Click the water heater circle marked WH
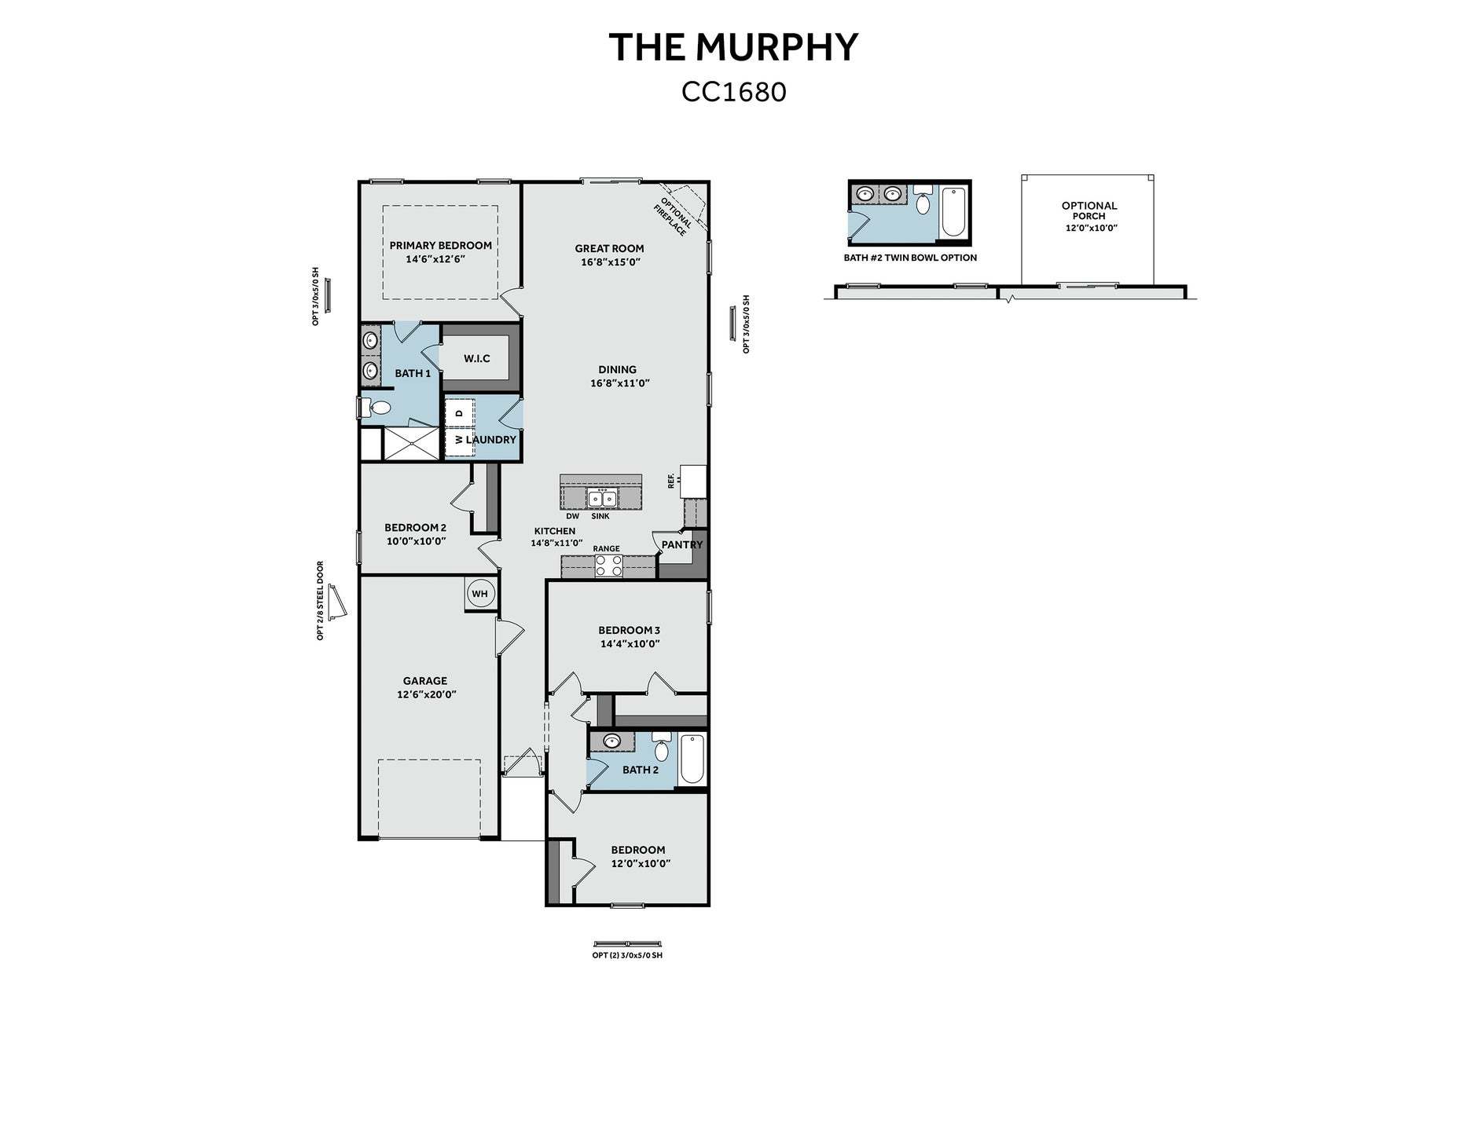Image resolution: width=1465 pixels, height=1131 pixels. click(480, 594)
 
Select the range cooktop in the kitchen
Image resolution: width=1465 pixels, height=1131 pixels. click(608, 565)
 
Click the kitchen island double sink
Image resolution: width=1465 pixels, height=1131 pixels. click(603, 498)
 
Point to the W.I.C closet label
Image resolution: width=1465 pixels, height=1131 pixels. click(476, 358)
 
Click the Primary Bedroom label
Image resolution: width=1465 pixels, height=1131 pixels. click(441, 245)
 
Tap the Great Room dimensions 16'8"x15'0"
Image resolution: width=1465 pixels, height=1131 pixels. click(611, 262)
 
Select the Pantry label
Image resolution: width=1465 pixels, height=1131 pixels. click(682, 544)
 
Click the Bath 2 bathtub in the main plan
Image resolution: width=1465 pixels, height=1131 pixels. click(692, 759)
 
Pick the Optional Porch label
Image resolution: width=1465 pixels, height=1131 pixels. click(1089, 210)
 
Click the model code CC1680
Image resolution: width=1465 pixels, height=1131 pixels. click(734, 92)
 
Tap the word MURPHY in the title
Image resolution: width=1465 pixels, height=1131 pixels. click(779, 47)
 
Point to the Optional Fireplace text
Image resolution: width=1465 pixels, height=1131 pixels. click(673, 216)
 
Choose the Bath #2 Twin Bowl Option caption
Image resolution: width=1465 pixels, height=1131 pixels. click(910, 258)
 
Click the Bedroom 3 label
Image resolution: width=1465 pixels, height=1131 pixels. click(629, 630)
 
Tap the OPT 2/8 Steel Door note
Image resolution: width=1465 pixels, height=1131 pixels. click(321, 600)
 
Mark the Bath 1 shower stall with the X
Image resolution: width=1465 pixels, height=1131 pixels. click(411, 444)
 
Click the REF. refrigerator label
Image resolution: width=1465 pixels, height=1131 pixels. click(671, 481)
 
